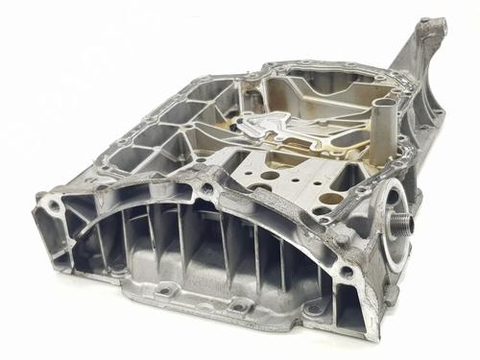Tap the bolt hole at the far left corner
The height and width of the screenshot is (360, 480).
click(x=45, y=204)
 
